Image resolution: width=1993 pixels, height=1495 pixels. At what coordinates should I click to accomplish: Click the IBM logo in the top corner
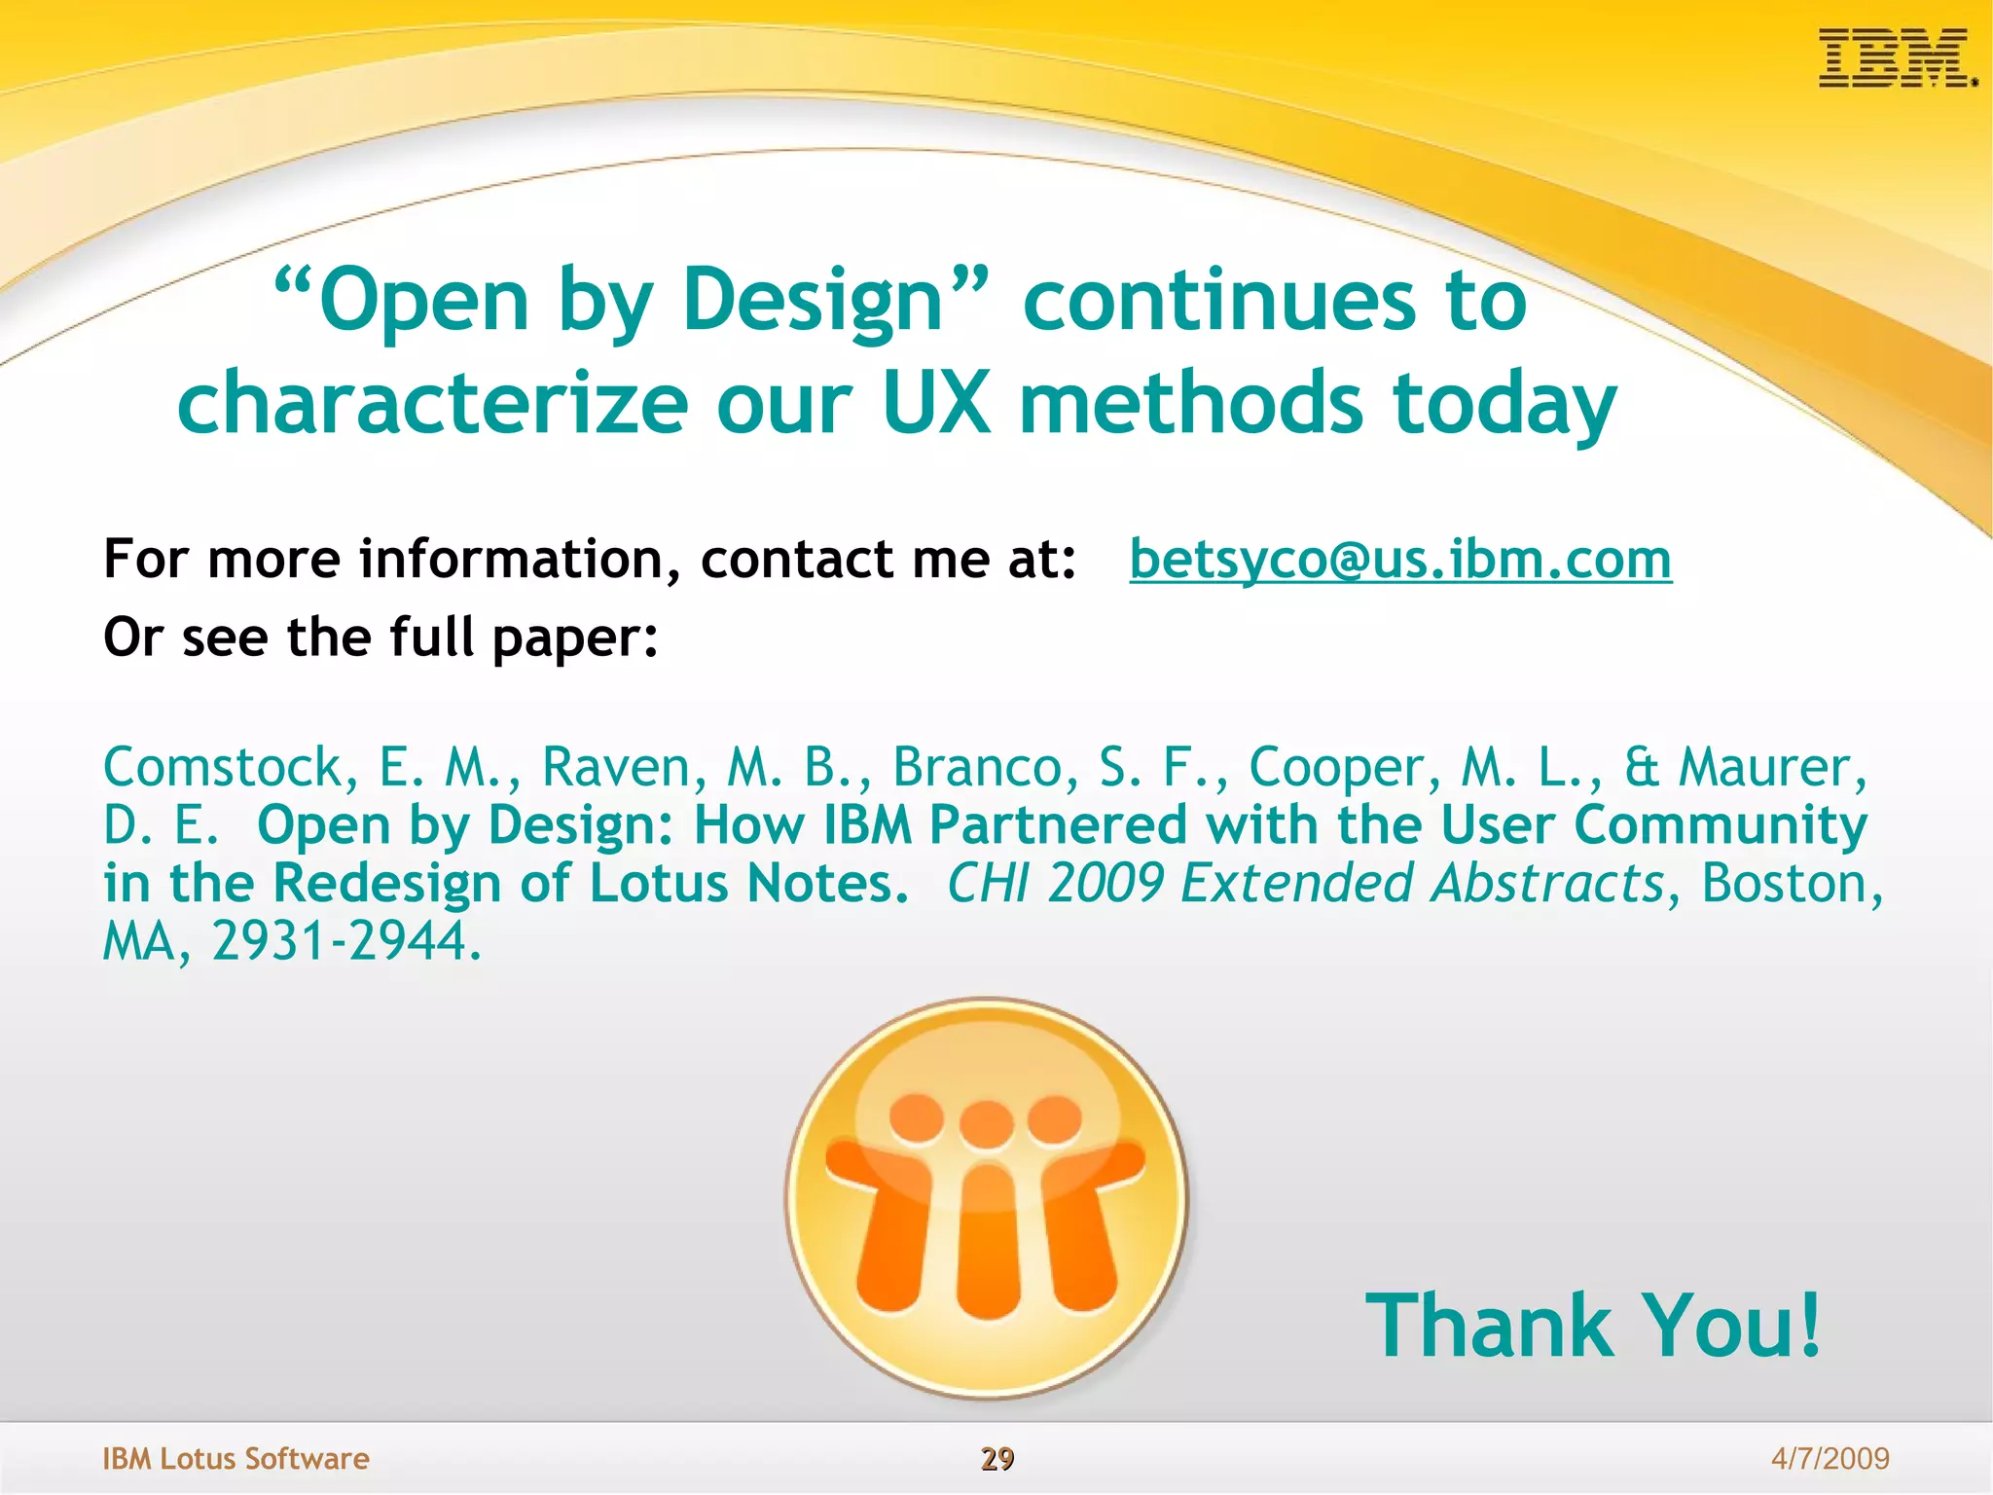(1896, 57)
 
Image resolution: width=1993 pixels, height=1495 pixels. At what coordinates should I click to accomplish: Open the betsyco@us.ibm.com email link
(1399, 560)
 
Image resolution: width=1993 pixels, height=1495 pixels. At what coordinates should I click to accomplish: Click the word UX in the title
(936, 404)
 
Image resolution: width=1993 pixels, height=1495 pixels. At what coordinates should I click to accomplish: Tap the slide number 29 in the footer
(996, 1458)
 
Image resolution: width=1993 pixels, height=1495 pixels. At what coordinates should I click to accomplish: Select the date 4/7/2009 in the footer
(1830, 1458)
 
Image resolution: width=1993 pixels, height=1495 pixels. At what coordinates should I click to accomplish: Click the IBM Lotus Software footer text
(236, 1458)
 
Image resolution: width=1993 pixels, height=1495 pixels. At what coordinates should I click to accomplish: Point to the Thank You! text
(1592, 1326)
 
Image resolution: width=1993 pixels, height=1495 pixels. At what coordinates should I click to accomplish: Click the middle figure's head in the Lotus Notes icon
(987, 1124)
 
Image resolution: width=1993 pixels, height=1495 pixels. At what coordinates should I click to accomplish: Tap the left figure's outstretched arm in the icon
(861, 1168)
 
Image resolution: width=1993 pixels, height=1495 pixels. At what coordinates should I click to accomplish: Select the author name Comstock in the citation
(222, 767)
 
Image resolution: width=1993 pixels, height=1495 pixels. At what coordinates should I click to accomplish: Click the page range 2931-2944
(345, 941)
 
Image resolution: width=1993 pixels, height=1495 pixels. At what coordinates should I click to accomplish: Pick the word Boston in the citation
(1783, 883)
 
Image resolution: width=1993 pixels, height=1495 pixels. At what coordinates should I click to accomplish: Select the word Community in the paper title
(1720, 825)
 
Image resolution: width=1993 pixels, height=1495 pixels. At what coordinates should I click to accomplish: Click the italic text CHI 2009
(1055, 883)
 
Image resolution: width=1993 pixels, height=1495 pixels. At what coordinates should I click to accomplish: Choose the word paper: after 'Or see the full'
(575, 638)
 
